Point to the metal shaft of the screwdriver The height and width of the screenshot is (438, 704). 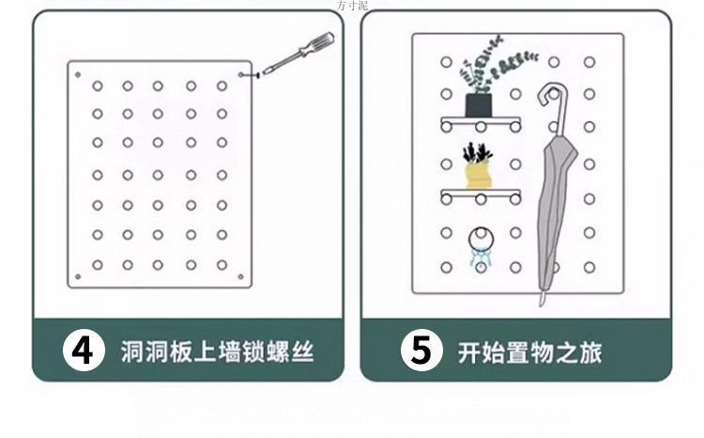[278, 64]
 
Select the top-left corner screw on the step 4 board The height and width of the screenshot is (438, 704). [77, 72]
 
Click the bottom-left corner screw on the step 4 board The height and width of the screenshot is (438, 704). [77, 276]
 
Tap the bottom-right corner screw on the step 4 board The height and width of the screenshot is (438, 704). [243, 276]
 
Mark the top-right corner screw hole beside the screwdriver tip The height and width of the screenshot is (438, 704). [243, 72]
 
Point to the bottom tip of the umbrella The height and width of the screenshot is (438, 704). [543, 300]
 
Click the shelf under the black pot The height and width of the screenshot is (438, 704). [480, 122]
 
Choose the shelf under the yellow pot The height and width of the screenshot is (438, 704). [480, 195]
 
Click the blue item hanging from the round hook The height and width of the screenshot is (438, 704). [480, 251]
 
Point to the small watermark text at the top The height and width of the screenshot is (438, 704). [352, 5]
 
